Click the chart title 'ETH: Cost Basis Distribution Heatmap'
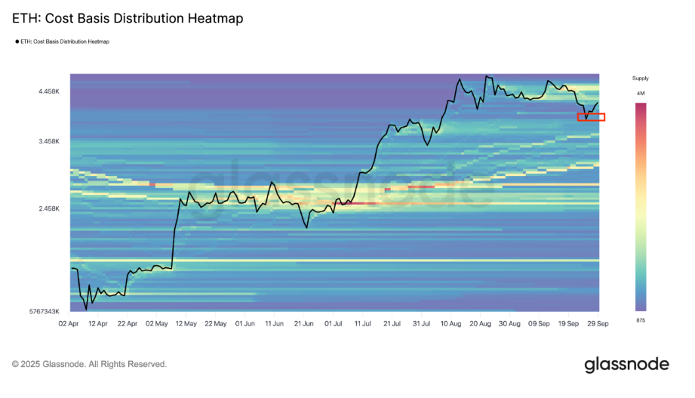click(128, 19)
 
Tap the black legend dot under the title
click(17, 42)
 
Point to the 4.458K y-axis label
click(51, 92)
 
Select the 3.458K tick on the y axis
click(51, 142)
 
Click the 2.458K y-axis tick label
click(51, 208)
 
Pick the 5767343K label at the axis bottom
click(42, 311)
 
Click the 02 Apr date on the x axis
click(69, 323)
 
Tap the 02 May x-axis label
click(156, 323)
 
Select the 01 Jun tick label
click(244, 323)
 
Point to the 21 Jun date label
click(303, 323)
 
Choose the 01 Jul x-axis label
click(333, 323)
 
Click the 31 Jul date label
click(421, 323)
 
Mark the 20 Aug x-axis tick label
click(480, 323)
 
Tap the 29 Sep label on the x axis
click(598, 323)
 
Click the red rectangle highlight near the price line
click(591, 117)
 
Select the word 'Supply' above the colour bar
click(640, 79)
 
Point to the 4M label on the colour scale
click(641, 93)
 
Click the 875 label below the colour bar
click(641, 321)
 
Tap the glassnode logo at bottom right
click(626, 365)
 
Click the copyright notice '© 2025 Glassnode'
click(89, 364)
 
